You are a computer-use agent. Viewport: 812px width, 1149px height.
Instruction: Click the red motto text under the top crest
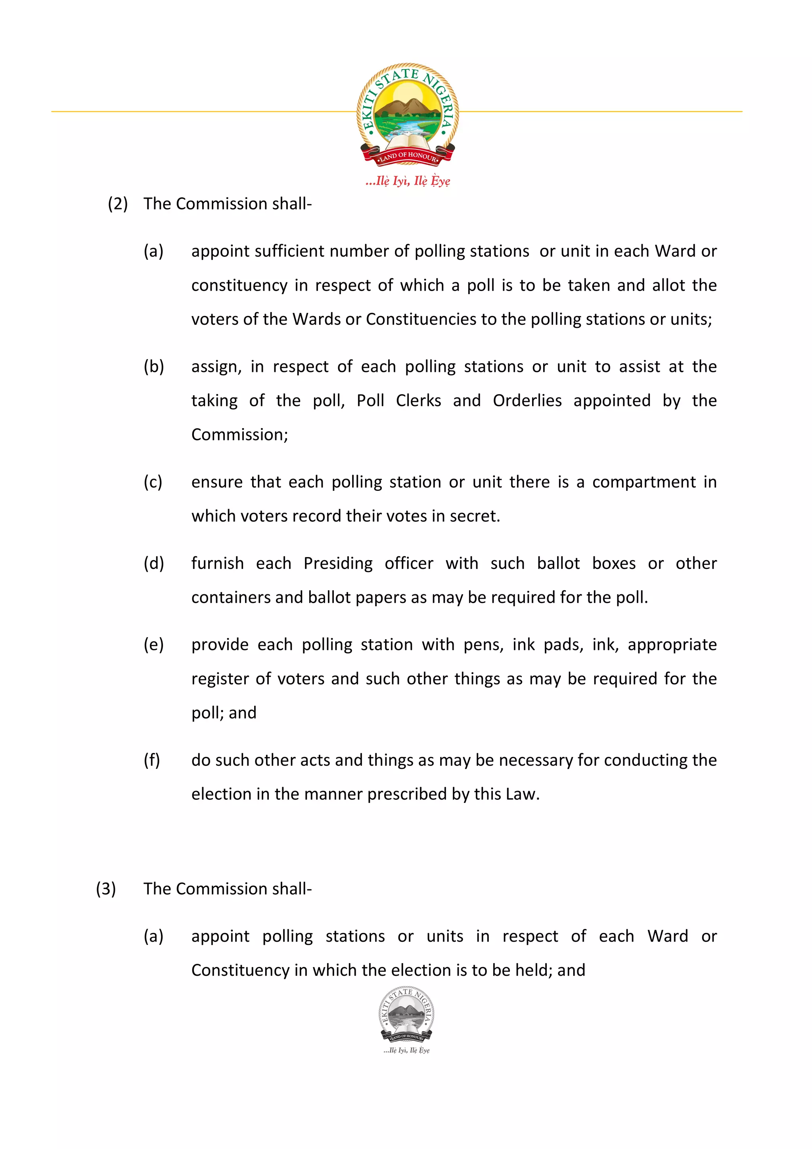407,181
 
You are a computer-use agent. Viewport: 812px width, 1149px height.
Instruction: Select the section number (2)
118,204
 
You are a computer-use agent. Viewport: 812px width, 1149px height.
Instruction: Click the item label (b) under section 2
153,366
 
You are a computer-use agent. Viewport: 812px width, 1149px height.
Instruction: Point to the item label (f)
151,760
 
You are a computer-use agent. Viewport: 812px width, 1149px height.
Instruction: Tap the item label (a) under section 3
153,936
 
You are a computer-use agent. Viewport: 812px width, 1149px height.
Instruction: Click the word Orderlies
527,400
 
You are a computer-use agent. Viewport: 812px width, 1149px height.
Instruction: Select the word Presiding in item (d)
338,563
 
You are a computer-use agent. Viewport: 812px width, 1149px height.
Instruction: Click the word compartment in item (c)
643,482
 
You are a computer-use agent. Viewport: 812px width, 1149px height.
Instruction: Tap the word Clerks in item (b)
418,400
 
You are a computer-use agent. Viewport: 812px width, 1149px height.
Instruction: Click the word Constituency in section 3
240,970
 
